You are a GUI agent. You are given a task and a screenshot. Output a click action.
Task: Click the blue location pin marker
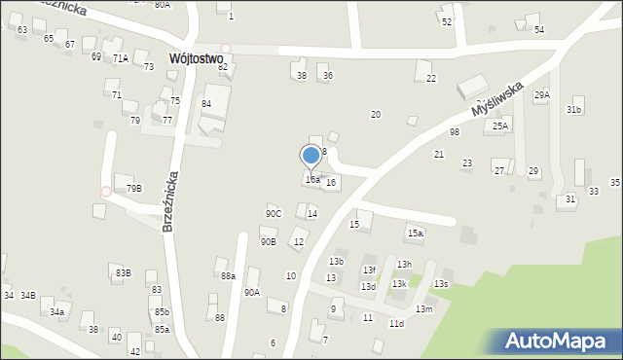click(311, 156)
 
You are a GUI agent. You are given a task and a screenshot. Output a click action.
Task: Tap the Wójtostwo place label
click(196, 58)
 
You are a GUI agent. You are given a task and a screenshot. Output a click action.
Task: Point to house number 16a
click(311, 180)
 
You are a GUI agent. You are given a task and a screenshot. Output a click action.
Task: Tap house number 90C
click(274, 214)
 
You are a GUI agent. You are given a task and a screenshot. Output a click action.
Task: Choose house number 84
click(206, 103)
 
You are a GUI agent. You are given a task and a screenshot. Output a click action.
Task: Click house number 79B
click(134, 189)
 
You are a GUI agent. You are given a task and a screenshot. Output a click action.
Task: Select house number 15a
click(416, 234)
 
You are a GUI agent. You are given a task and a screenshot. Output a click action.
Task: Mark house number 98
click(455, 132)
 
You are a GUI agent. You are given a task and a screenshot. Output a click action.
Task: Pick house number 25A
click(500, 126)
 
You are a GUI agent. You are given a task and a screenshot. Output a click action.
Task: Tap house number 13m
click(423, 308)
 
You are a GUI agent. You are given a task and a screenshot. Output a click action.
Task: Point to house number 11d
click(396, 323)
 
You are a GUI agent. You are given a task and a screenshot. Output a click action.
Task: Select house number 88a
click(228, 277)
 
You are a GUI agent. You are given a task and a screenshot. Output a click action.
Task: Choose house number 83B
click(123, 273)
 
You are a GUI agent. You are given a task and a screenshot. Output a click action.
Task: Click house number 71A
click(121, 58)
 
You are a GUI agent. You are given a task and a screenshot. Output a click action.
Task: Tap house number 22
click(430, 79)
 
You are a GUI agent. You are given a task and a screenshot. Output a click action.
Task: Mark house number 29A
click(541, 95)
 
